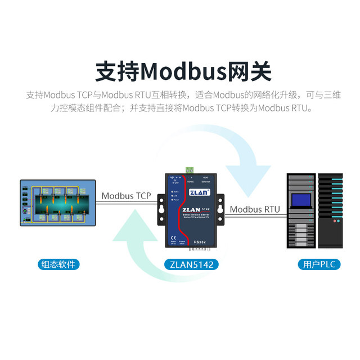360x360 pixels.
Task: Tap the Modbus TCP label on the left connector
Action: pyautogui.click(x=127, y=196)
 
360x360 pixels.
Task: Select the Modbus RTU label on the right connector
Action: pyautogui.click(x=255, y=209)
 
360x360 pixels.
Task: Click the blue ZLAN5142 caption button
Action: pyautogui.click(x=191, y=264)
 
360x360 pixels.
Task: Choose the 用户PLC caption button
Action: pyautogui.click(x=317, y=264)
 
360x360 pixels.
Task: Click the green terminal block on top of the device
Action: pyautogui.click(x=191, y=170)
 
